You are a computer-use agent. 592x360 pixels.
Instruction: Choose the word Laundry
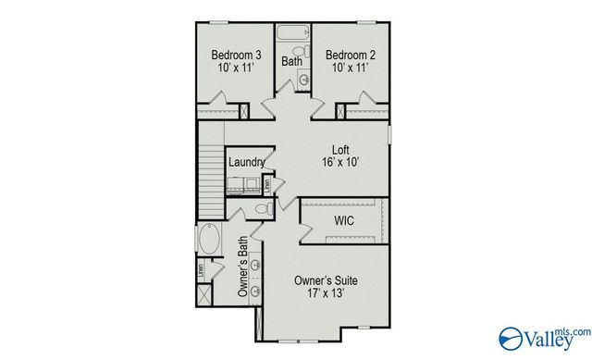point(247,162)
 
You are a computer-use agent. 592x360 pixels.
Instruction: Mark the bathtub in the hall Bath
point(293,32)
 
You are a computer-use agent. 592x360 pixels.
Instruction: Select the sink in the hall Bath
point(303,81)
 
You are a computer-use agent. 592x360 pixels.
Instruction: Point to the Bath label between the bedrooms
point(292,62)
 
